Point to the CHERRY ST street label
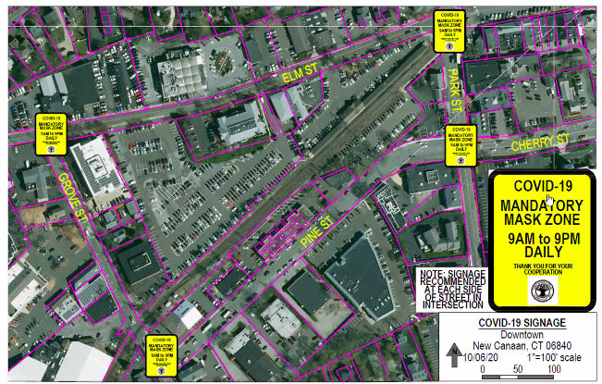pyautogui.click(x=540, y=142)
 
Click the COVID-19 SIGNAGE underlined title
pyautogui.click(x=520, y=323)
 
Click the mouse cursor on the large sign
pyautogui.click(x=549, y=200)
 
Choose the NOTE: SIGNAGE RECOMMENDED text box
pyautogui.click(x=450, y=287)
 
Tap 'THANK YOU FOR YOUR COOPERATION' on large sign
pyautogui.click(x=537, y=269)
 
